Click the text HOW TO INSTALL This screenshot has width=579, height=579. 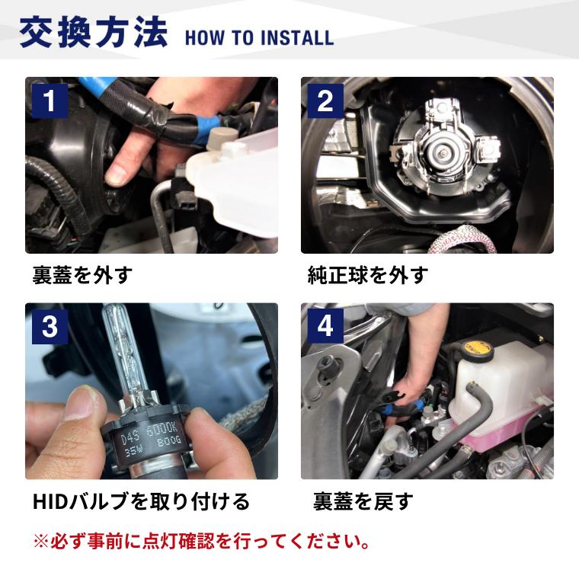(x=258, y=37)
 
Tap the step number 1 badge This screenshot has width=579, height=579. (x=50, y=101)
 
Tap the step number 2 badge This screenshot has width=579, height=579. (x=325, y=101)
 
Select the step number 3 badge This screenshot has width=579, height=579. (x=50, y=327)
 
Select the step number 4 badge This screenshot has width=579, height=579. (x=325, y=327)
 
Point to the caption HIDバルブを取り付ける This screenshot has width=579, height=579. (x=141, y=502)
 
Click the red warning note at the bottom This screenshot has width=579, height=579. (x=203, y=542)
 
